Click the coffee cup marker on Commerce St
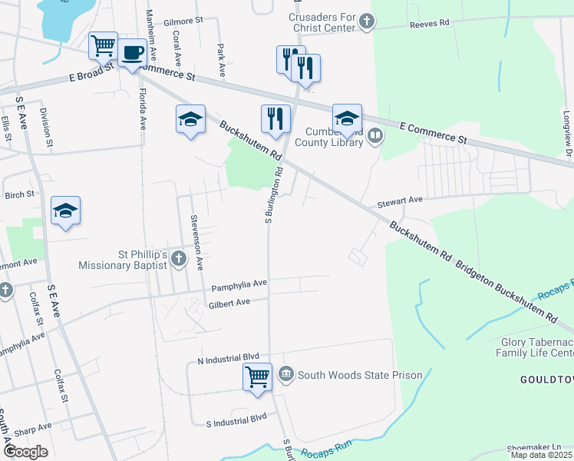coord(132,53)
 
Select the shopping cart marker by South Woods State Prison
coord(257,376)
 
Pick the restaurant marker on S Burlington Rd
coord(275,118)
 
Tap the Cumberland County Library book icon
coord(375,136)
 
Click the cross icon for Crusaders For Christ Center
coord(367,22)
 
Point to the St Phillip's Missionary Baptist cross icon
coord(178,257)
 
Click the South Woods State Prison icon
coord(286,374)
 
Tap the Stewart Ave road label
coord(400,201)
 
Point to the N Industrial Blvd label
coord(229,359)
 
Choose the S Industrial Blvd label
coord(236,419)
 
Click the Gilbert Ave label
coord(229,303)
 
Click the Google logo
coord(25,452)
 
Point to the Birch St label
coord(19,194)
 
